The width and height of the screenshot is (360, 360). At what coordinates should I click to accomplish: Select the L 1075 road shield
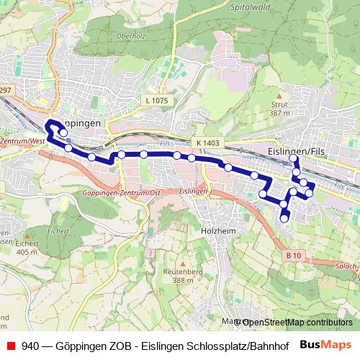155,101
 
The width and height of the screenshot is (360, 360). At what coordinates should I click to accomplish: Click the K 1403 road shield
207,143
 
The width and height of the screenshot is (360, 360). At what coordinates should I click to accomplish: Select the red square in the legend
11,344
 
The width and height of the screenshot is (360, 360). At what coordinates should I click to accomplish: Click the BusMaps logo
327,344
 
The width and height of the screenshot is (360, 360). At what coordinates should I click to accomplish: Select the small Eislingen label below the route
193,191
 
